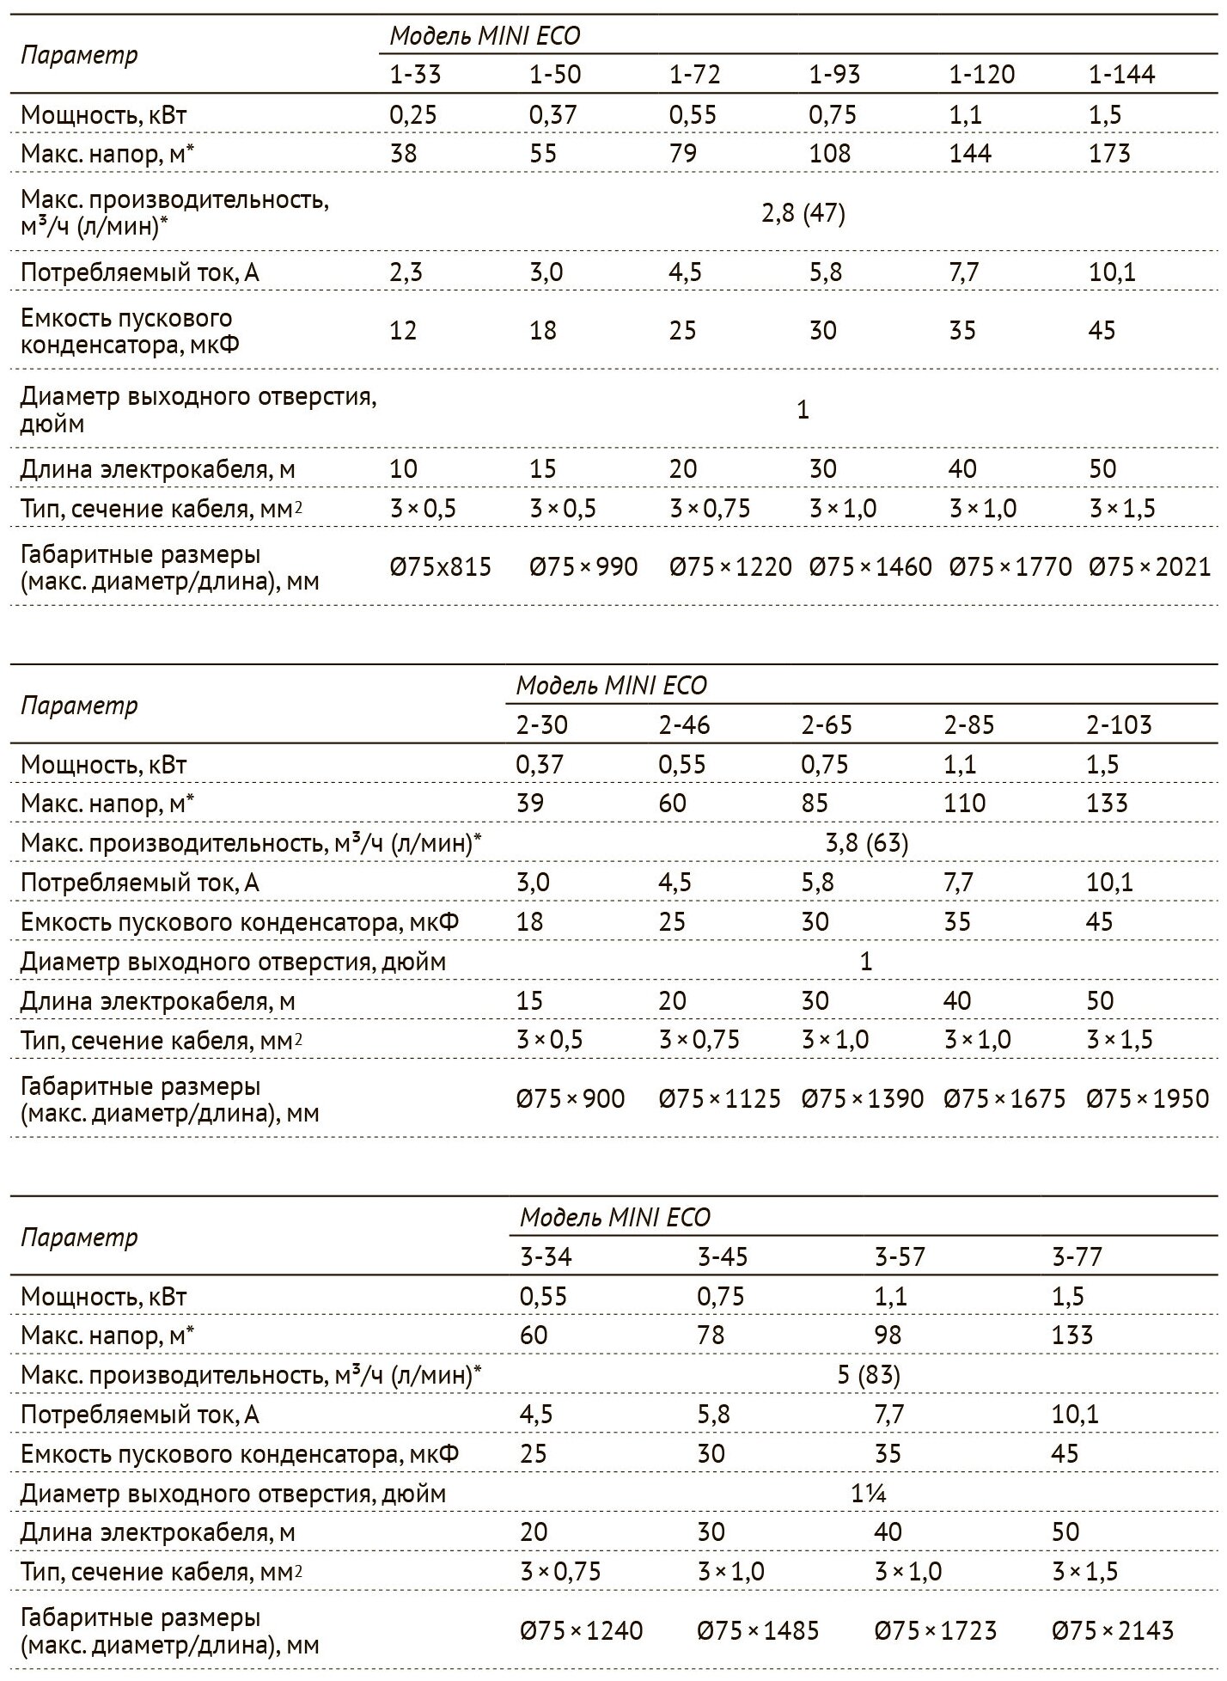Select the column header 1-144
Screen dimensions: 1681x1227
click(1121, 75)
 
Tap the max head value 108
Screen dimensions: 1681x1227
click(829, 154)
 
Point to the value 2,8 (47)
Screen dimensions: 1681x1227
click(803, 213)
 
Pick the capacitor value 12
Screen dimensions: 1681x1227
click(403, 331)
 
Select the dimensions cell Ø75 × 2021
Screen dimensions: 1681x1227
click(1150, 567)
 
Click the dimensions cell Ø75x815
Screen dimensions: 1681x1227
click(441, 567)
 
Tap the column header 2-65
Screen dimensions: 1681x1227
click(827, 725)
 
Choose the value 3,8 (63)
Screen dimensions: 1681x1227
click(866, 843)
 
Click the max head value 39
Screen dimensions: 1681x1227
click(530, 804)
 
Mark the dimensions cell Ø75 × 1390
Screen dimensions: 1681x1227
click(863, 1099)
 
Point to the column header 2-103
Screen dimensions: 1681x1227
click(1119, 725)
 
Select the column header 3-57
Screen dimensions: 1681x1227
click(900, 1257)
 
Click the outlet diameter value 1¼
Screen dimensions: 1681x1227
click(869, 1494)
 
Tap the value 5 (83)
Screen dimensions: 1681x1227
click(869, 1376)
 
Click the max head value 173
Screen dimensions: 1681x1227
click(1109, 154)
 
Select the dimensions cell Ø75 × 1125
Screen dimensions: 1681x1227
click(720, 1099)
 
